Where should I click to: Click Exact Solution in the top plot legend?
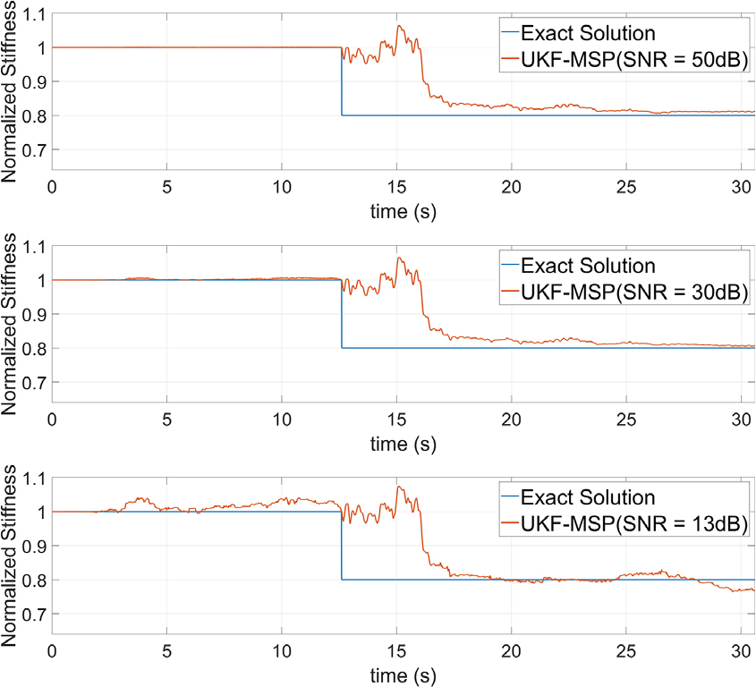(588, 34)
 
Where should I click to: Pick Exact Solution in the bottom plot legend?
(588, 498)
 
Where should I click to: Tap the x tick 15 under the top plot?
(396, 185)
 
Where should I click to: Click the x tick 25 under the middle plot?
(626, 418)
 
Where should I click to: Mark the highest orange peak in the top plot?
(399, 26)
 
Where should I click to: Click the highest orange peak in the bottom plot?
(398, 487)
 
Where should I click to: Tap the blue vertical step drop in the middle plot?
(341, 313)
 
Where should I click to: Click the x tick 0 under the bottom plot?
(52, 649)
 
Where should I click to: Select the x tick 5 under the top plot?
(166, 185)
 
